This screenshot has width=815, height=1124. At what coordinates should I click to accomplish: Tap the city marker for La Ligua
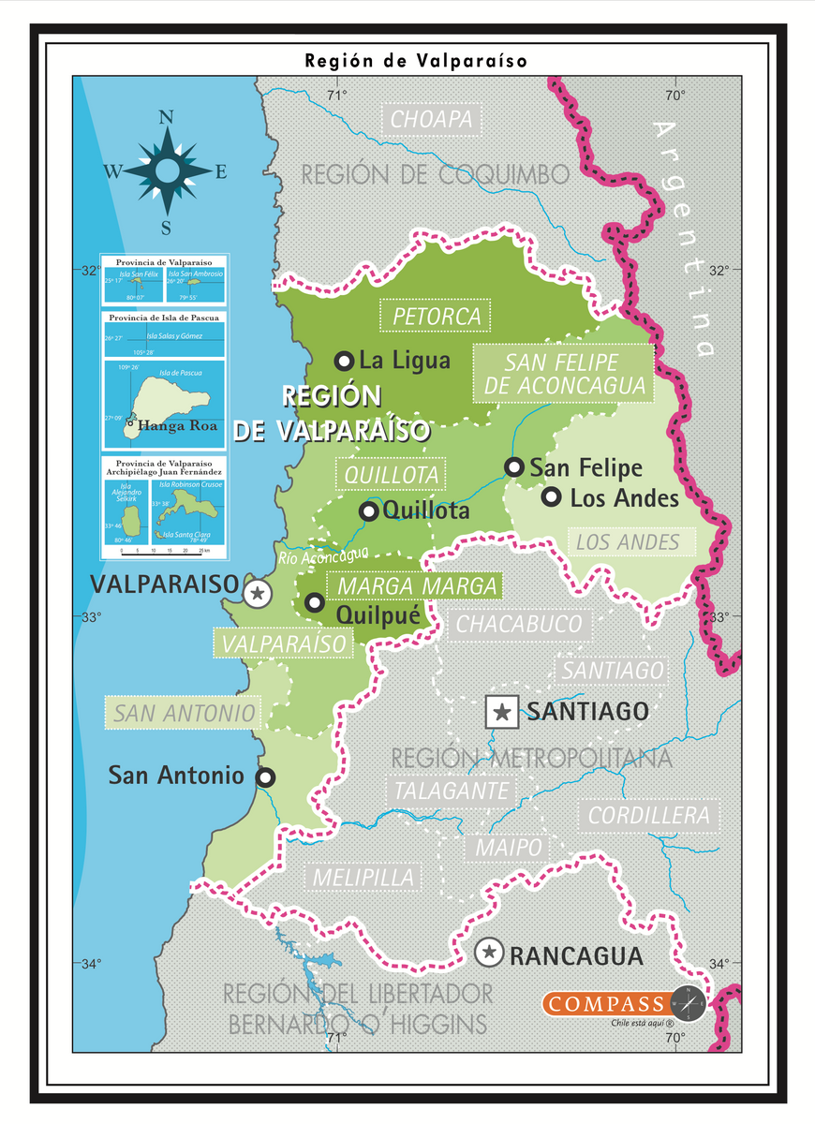pyautogui.click(x=344, y=361)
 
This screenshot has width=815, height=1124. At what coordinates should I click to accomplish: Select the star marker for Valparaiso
pyautogui.click(x=258, y=592)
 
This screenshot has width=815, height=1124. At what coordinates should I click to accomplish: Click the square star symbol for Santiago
pyautogui.click(x=502, y=712)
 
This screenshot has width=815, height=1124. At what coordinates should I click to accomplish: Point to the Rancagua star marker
pyautogui.click(x=488, y=954)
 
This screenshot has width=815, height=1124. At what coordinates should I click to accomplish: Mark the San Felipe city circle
pyautogui.click(x=513, y=466)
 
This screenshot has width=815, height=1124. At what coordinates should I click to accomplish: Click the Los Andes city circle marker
pyautogui.click(x=552, y=496)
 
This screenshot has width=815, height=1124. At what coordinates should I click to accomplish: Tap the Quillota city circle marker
pyautogui.click(x=369, y=510)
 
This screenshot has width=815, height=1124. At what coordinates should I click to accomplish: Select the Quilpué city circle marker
pyautogui.click(x=315, y=602)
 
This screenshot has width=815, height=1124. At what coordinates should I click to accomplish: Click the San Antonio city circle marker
pyautogui.click(x=266, y=776)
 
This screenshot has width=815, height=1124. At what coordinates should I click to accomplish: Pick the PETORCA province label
pyautogui.click(x=437, y=316)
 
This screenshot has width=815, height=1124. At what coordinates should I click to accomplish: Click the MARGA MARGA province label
pyautogui.click(x=417, y=586)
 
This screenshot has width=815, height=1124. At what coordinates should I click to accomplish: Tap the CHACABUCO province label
pyautogui.click(x=518, y=625)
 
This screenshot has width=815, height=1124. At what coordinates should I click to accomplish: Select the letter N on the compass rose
pyautogui.click(x=167, y=117)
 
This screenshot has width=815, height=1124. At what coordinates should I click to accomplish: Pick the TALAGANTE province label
pyautogui.click(x=452, y=791)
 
